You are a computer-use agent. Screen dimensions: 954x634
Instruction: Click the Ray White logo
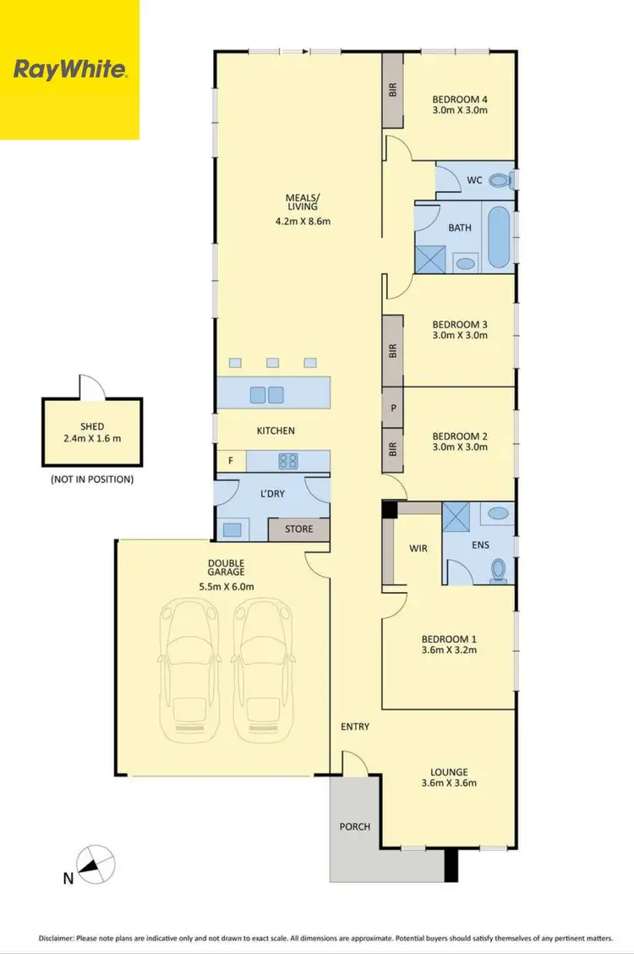[69, 69]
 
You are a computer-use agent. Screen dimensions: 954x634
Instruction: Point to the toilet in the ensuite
[499, 571]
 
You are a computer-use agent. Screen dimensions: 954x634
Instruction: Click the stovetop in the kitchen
[287, 461]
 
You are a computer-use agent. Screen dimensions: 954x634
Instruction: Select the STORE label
[298, 529]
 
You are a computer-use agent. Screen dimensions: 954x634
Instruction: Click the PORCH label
[355, 826]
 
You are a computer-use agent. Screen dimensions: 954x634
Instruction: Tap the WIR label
[418, 549]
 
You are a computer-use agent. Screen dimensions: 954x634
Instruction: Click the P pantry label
[393, 408]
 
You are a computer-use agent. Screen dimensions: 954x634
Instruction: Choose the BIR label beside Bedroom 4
[393, 90]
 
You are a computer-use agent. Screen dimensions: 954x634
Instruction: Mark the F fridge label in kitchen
[231, 461]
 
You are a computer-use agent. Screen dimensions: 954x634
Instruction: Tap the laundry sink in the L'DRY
[232, 529]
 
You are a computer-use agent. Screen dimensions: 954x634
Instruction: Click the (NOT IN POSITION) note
[92, 480]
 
